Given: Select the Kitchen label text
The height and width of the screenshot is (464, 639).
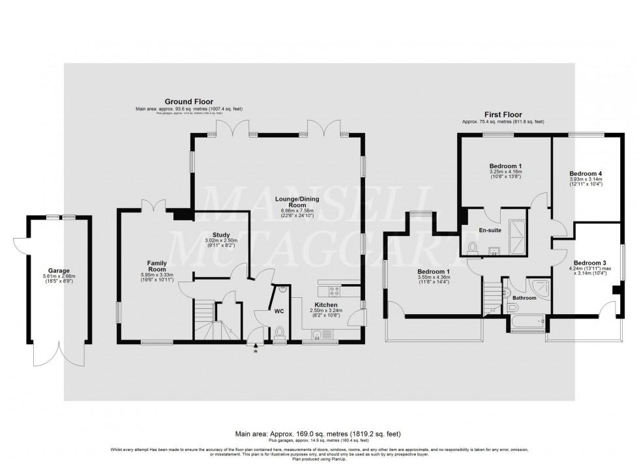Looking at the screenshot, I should tap(325, 304).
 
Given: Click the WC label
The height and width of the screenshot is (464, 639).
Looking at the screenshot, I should tap(279, 312).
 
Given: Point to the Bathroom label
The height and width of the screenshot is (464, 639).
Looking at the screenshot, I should tap(524, 298).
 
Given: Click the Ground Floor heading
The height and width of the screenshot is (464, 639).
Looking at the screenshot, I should tap(183, 102).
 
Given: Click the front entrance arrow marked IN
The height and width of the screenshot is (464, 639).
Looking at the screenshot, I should tap(255, 348).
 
